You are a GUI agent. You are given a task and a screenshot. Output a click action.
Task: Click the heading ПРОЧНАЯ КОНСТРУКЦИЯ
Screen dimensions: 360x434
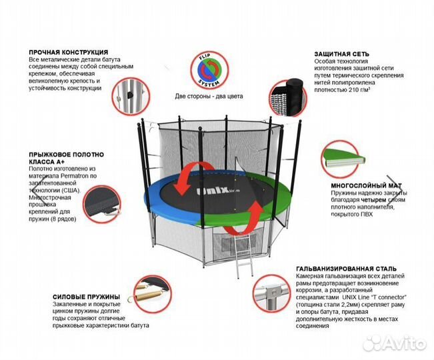point(69,51)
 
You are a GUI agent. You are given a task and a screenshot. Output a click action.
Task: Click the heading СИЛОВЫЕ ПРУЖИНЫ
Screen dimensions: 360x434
point(86,297)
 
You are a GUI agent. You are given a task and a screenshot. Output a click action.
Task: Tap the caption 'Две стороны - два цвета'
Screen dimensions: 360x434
point(209,96)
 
